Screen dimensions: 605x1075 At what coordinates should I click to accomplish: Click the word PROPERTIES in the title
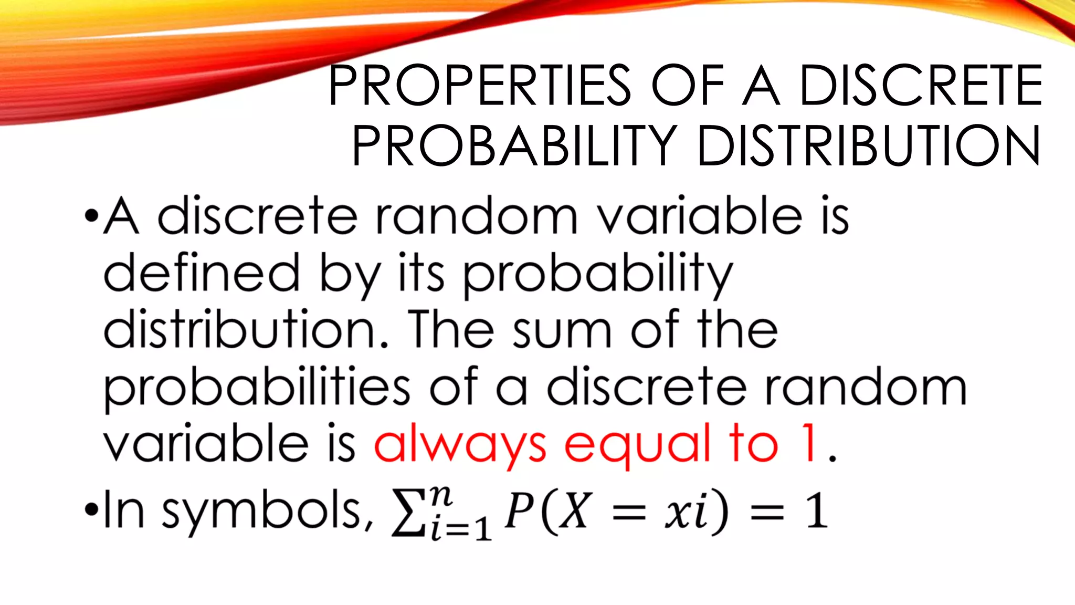point(480,86)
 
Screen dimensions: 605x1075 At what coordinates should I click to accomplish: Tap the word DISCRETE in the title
point(921,86)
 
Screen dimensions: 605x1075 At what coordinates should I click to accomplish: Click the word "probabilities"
point(257,389)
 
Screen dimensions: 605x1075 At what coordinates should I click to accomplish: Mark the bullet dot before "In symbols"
point(91,509)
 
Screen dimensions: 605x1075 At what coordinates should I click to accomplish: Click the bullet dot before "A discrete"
point(91,216)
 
